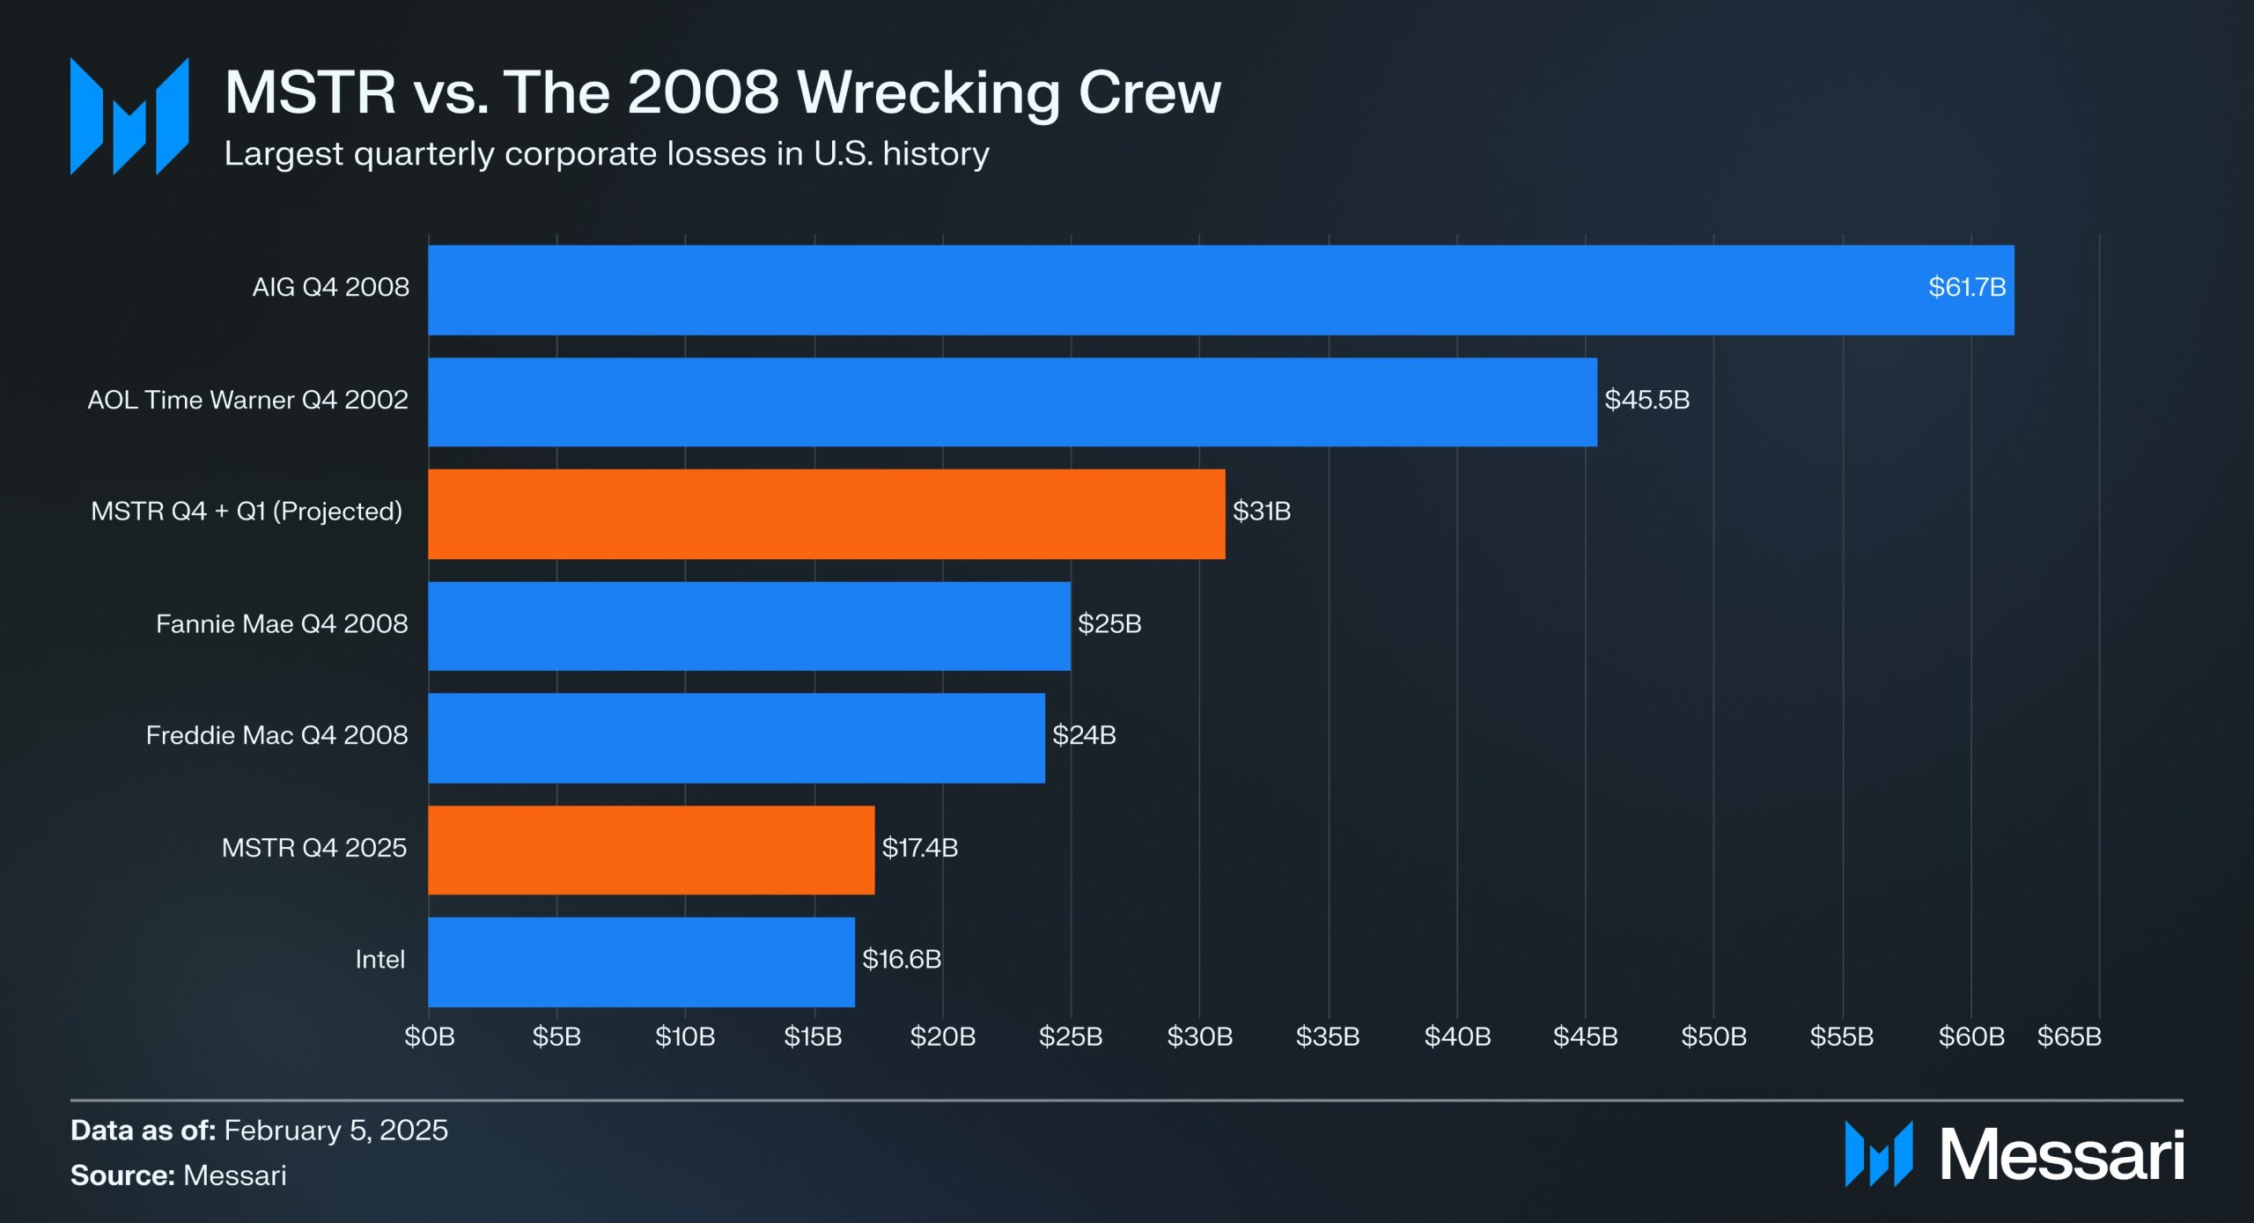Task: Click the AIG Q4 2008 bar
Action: (x=1220, y=290)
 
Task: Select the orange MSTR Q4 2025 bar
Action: (x=651, y=850)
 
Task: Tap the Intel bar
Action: (x=641, y=961)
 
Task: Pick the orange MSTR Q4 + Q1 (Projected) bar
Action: (x=826, y=513)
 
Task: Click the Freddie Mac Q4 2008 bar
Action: (x=736, y=738)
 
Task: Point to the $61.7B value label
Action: (x=1966, y=288)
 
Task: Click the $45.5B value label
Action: (x=1646, y=401)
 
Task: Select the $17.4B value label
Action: (x=919, y=848)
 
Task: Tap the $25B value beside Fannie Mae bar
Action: (x=1109, y=624)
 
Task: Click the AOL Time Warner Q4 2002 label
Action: (x=247, y=401)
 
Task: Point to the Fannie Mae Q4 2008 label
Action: (x=282, y=624)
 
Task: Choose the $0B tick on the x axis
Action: (x=430, y=1036)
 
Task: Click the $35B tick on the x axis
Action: (x=1328, y=1036)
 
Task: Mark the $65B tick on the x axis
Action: (x=2069, y=1036)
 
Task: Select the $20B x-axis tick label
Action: (x=943, y=1036)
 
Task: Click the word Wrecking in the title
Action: (x=930, y=92)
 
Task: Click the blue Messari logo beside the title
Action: (x=129, y=116)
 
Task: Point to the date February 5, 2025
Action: (x=335, y=1131)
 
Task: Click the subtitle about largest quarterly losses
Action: (x=607, y=154)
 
